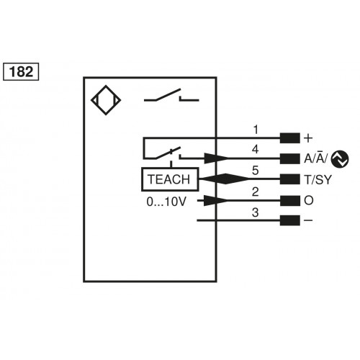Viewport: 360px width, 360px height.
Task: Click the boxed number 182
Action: point(22,72)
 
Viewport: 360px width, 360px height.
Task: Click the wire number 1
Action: point(255,130)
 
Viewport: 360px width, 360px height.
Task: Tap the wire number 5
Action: point(255,171)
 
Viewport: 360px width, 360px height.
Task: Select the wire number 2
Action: point(255,192)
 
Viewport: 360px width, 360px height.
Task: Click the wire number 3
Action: point(255,212)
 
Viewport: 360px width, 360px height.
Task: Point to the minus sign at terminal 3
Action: point(308,220)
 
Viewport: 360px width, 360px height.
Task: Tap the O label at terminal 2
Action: point(308,200)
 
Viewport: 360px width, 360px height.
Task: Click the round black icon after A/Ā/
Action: point(341,158)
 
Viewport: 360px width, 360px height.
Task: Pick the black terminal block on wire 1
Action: point(289,138)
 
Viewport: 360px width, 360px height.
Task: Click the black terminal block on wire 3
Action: point(289,220)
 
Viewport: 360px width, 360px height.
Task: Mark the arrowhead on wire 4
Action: point(217,158)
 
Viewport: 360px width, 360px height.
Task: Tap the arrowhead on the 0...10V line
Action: point(217,200)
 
